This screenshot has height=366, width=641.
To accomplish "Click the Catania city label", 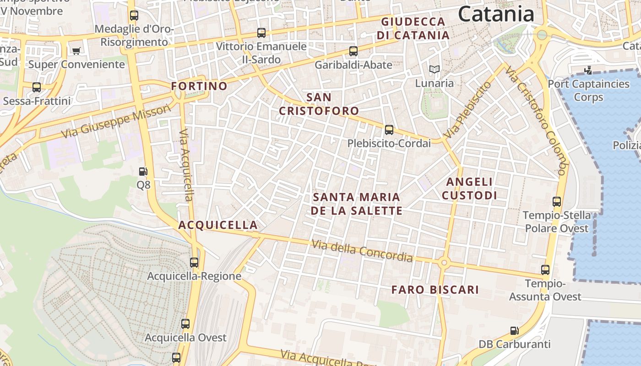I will pos(496,14).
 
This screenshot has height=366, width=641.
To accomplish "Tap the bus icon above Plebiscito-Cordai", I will pos(389,130).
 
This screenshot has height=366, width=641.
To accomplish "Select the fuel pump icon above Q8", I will pos(143,172).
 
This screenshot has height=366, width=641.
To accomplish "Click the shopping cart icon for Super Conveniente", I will pos(76,50).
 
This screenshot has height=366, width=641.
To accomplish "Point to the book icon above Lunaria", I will pos(434,70).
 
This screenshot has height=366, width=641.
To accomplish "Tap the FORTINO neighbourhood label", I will pos(199,86).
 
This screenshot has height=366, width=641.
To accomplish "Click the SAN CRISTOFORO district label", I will pos(319,104).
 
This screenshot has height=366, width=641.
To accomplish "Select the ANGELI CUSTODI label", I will pos(469,188).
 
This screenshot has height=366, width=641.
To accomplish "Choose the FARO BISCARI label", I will pos(435,290).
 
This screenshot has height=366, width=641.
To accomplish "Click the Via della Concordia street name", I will pos(362,251).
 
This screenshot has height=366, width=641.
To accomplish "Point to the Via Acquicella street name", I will pos(186,165).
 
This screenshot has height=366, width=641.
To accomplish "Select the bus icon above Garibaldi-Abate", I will pos(353,51).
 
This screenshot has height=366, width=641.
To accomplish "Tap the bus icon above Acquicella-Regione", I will pos(194,262).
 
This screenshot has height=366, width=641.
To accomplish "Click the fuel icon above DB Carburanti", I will pos(515,330).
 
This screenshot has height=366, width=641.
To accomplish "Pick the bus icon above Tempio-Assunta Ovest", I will pos(545,270).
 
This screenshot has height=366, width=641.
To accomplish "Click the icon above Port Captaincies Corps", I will pos(588,70).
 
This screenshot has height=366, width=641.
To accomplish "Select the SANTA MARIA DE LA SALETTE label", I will pos(356,204).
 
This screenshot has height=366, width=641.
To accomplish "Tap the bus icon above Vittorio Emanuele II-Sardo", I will pos(261,33).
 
